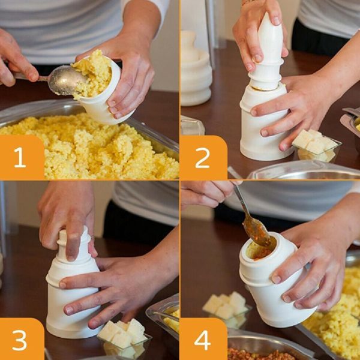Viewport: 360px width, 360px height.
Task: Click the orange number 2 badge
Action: [x=203, y=157]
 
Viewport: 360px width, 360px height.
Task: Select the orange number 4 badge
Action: [x=203, y=340]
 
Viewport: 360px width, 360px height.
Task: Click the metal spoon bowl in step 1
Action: [x=65, y=80]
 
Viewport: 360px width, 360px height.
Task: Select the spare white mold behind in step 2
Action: [x=196, y=69]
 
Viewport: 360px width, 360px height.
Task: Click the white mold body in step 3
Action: [x=72, y=300]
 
